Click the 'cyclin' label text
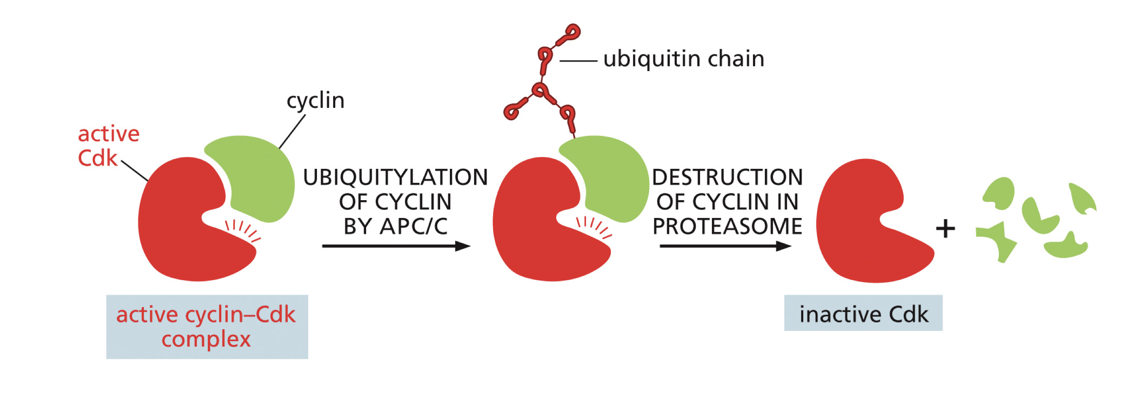click(315, 101)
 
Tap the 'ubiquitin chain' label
click(684, 59)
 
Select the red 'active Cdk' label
click(108, 146)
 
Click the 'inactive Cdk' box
click(863, 314)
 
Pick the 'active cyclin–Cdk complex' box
click(207, 326)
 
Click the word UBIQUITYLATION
click(395, 177)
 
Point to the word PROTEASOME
click(727, 226)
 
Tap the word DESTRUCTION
click(727, 177)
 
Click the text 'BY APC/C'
click(395, 226)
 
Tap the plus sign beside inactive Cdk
click(945, 229)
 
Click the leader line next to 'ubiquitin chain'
click(578, 61)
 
